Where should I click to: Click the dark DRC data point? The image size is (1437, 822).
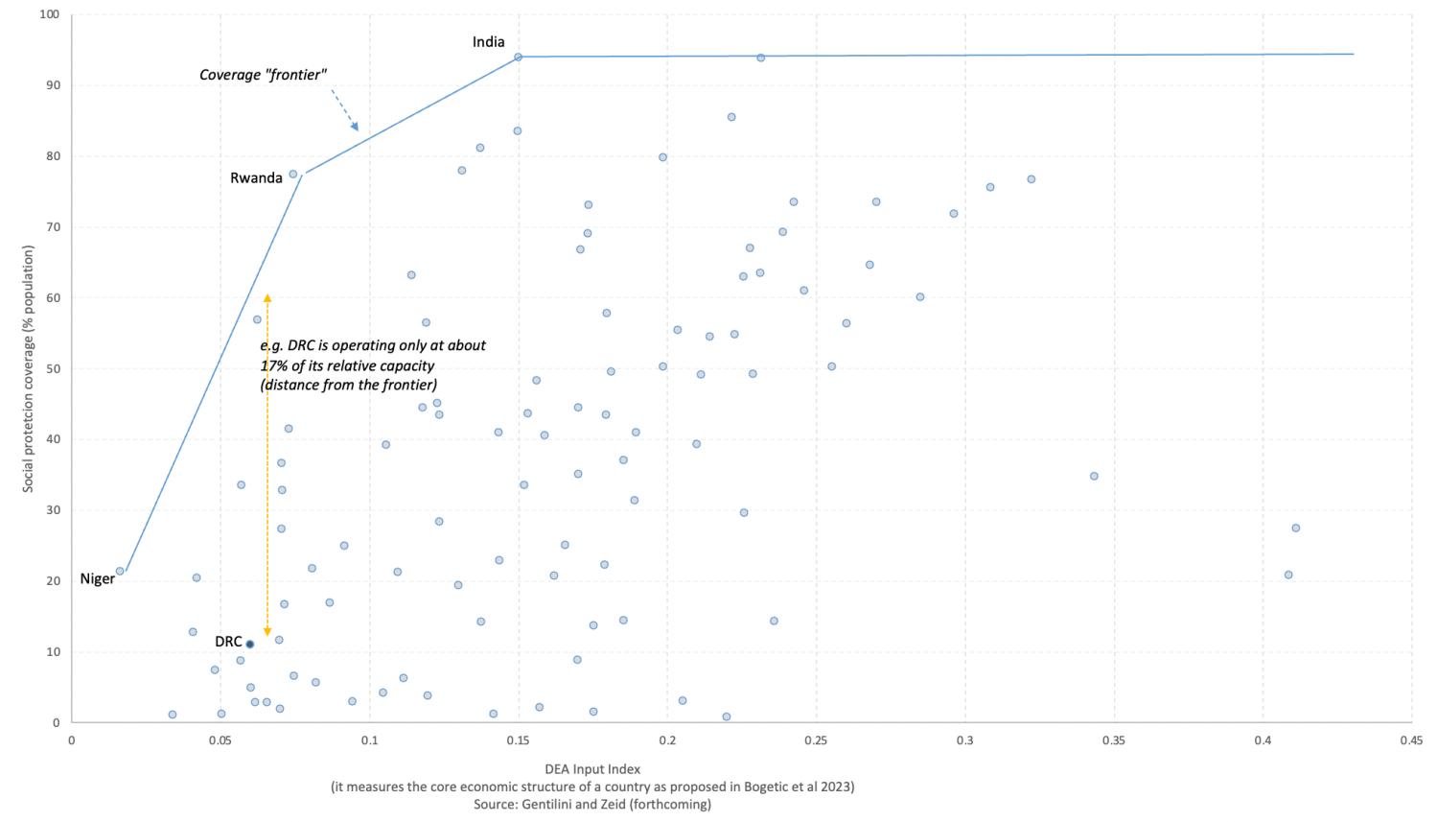[250, 644]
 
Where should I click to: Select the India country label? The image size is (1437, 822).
[488, 42]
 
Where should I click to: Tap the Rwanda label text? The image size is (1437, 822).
[256, 178]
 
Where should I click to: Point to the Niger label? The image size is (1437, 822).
[97, 579]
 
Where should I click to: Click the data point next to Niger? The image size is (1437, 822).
[120, 571]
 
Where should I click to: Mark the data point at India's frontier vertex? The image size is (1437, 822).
[518, 57]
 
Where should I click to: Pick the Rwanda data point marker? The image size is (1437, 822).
[293, 175]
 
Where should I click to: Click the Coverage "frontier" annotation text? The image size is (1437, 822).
[263, 75]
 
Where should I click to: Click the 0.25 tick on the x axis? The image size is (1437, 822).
[816, 740]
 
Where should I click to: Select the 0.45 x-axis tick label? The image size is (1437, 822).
[1410, 740]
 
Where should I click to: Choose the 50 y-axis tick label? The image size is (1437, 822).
[53, 368]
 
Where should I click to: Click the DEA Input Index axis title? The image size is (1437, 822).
[592, 768]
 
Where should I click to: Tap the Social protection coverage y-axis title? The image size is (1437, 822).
[28, 368]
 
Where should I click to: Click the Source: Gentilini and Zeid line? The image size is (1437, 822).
[592, 805]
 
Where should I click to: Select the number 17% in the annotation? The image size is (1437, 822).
[275, 365]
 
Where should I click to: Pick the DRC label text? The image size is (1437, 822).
[228, 642]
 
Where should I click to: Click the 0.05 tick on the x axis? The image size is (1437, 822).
[220, 740]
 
